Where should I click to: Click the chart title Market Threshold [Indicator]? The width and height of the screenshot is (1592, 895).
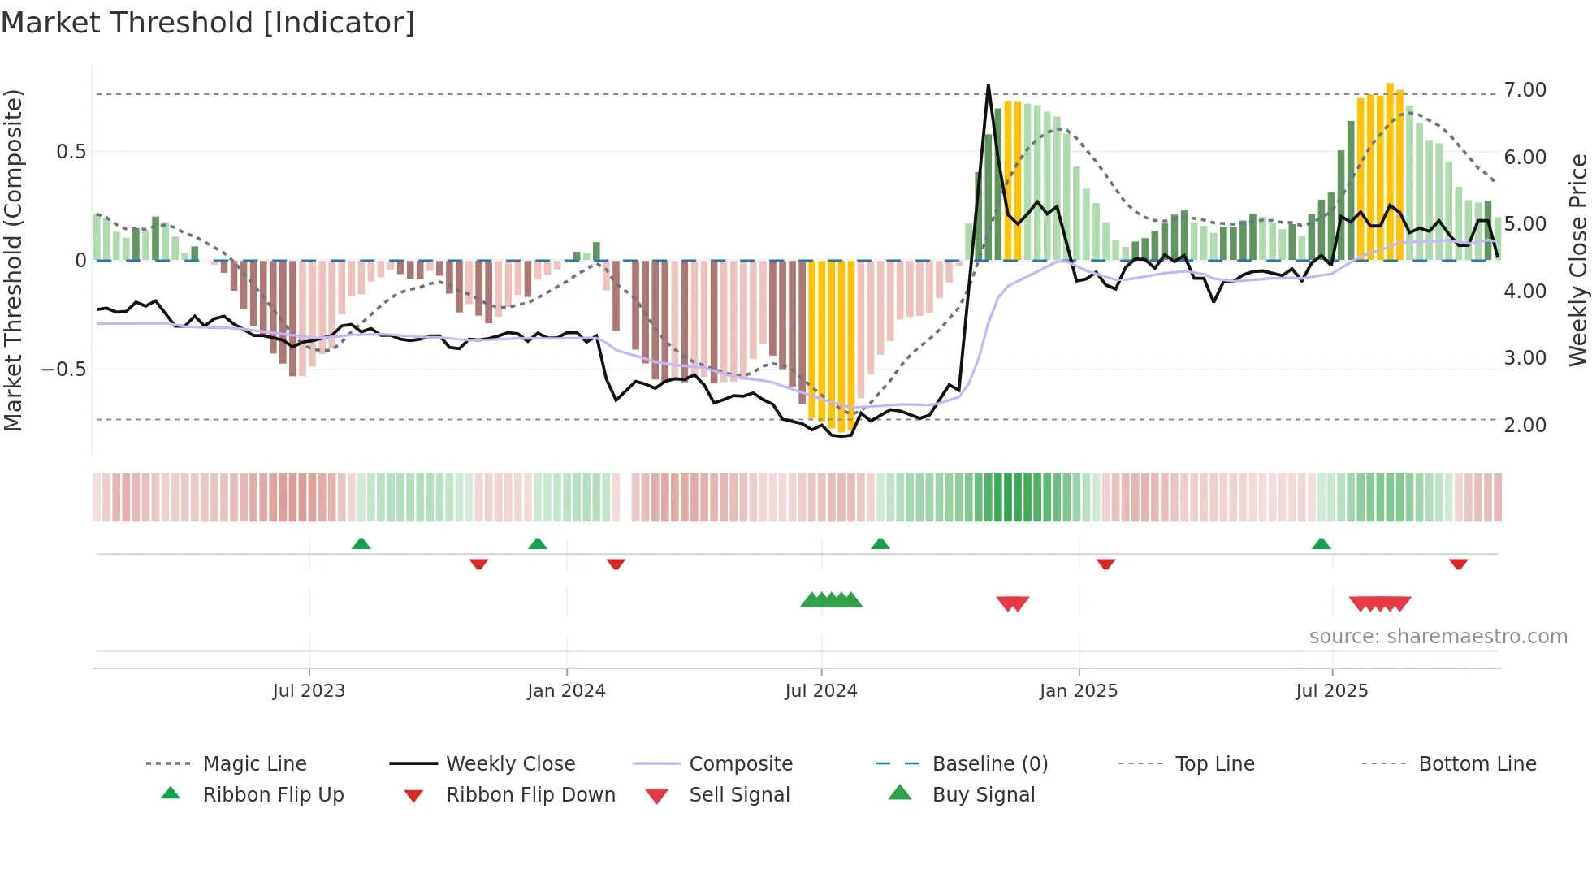tap(208, 23)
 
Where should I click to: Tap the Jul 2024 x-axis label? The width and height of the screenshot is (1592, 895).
tap(820, 691)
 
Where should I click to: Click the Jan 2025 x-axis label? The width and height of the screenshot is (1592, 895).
tap(1078, 691)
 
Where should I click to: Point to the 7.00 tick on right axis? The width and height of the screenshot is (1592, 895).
tap(1525, 90)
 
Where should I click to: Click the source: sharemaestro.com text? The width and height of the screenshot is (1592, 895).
tap(1438, 637)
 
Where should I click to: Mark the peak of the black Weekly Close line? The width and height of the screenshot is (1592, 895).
tap(989, 86)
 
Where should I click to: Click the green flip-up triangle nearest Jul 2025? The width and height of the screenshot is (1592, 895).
tap(1322, 544)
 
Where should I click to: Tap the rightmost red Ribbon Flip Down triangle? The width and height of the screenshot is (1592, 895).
tap(1458, 564)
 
